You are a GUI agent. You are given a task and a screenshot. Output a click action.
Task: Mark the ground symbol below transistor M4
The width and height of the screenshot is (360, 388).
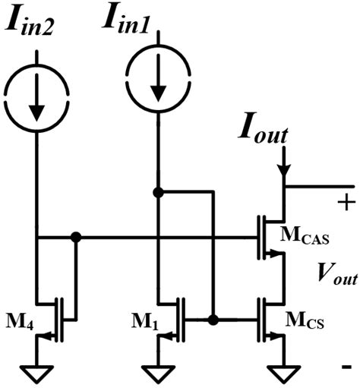(36, 372)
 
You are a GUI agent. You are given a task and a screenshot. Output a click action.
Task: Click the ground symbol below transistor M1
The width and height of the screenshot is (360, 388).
(158, 372)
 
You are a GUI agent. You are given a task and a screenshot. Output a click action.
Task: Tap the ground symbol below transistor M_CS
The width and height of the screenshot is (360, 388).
(283, 372)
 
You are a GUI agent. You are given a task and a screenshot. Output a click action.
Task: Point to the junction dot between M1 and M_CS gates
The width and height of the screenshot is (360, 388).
(214, 320)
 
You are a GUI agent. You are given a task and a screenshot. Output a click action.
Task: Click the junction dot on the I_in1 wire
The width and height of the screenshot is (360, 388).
(157, 192)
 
